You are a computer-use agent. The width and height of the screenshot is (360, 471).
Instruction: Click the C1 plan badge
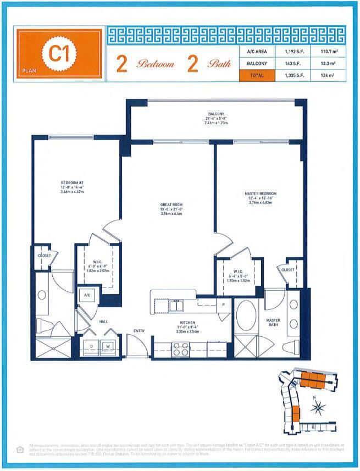pyautogui.click(x=59, y=54)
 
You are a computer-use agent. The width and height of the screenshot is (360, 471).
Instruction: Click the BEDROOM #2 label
pyautogui.click(x=71, y=184)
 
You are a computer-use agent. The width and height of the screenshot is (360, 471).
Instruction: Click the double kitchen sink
pyautogui.click(x=176, y=306)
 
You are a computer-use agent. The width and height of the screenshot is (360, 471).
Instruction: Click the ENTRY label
pyautogui.click(x=139, y=330)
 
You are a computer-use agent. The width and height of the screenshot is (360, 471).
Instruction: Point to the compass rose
pyautogui.click(x=318, y=408)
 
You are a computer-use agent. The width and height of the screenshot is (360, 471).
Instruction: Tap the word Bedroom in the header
pyautogui.click(x=156, y=64)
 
